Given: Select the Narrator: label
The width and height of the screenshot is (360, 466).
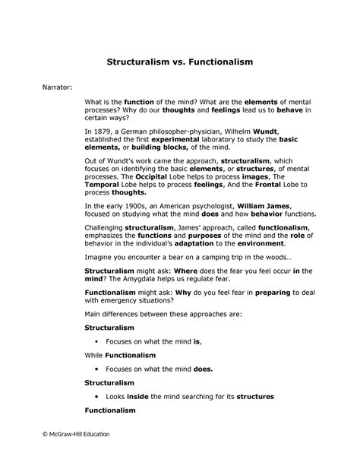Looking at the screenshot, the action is click(x=57, y=87).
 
